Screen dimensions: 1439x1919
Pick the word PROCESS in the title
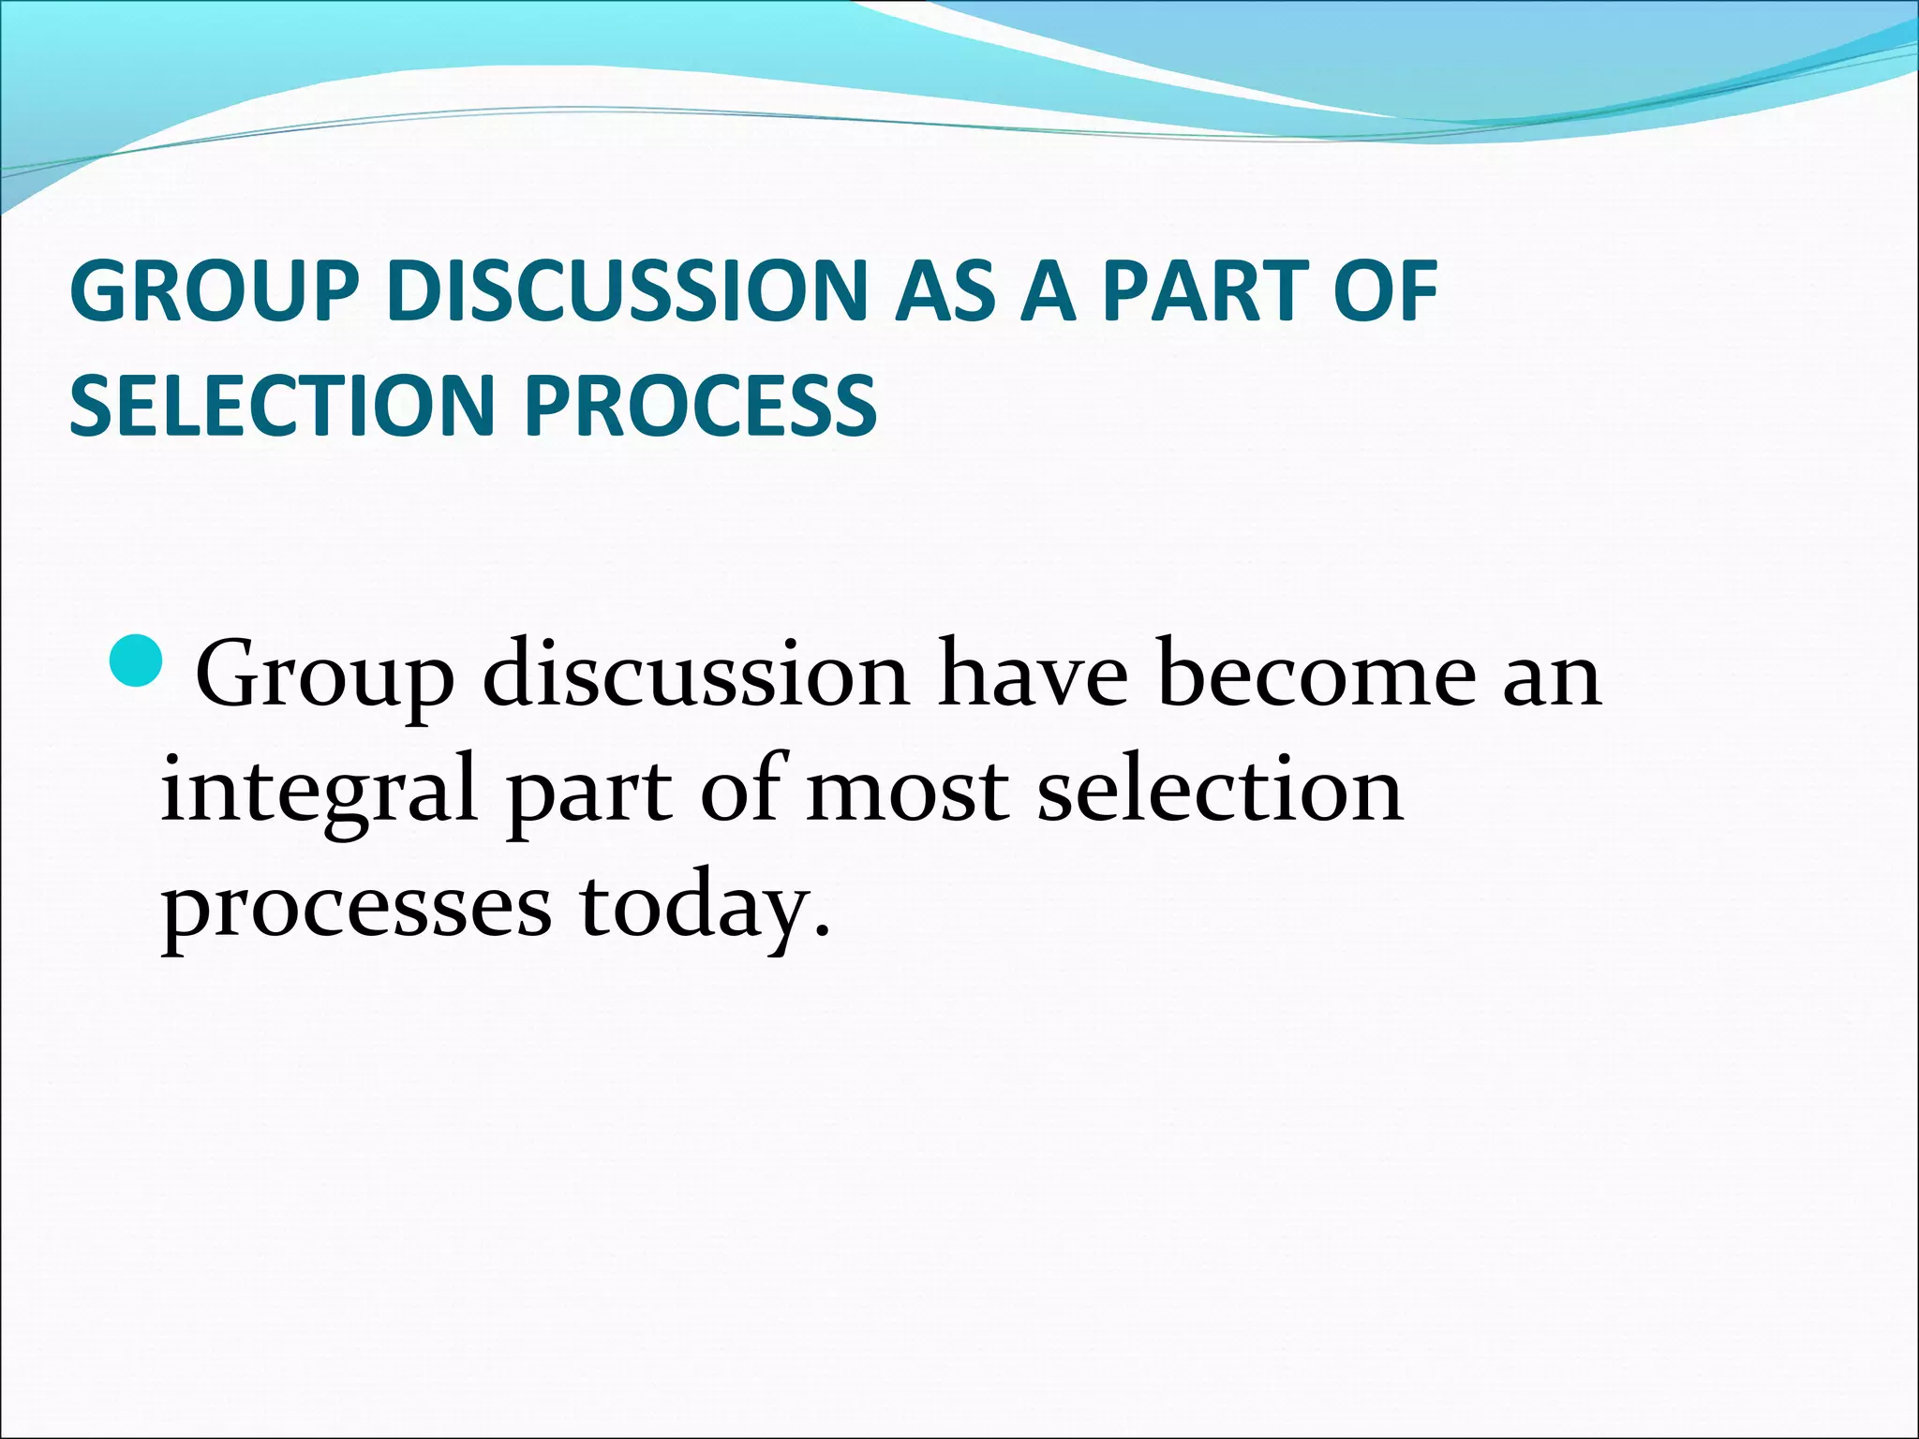click(x=701, y=406)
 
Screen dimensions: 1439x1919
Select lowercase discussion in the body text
click(x=695, y=675)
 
